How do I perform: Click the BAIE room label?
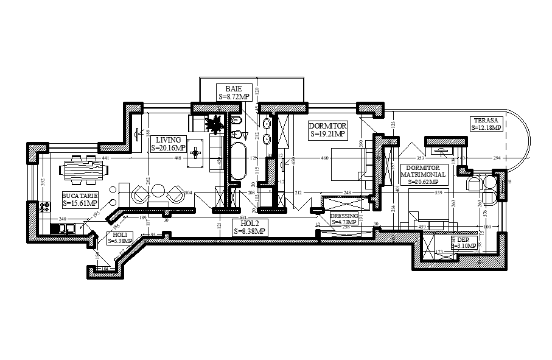pos(234,92)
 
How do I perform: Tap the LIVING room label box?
pos(168,144)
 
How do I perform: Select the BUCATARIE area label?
pos(80,199)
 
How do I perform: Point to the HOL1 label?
pos(120,238)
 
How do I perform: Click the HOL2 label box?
pos(250,227)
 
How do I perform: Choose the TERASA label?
pos(486,124)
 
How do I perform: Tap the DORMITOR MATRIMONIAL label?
pos(423,174)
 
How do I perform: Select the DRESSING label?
pos(344,219)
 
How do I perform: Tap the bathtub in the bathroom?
pos(237,161)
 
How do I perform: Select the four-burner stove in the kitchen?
pos(44,206)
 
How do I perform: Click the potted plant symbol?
pos(215,125)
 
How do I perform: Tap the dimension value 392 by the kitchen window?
pos(43,182)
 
